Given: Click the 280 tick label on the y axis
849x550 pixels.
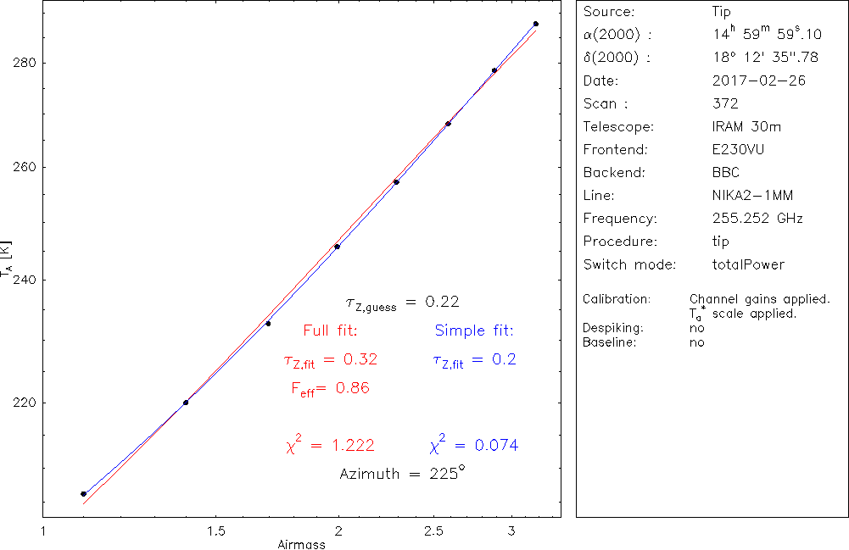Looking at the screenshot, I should (x=23, y=63).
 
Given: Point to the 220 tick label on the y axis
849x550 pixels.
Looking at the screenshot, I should (x=23, y=403).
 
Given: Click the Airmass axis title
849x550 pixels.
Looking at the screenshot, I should (x=301, y=544).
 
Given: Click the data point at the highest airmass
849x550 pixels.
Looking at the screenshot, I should (x=535, y=24).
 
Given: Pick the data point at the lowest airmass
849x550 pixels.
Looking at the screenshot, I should (x=83, y=493).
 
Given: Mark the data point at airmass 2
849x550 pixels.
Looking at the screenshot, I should (x=338, y=247).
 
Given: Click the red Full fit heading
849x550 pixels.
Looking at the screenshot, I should (x=330, y=331).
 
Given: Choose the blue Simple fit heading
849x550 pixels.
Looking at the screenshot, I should (x=474, y=331).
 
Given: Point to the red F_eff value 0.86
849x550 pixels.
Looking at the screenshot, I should (x=354, y=388).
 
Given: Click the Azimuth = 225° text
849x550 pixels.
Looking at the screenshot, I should (x=402, y=474).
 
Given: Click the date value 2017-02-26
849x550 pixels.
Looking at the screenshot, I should (x=759, y=81).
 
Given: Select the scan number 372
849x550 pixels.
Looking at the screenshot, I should (x=726, y=104).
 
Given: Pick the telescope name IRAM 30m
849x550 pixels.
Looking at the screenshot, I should (x=747, y=127).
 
